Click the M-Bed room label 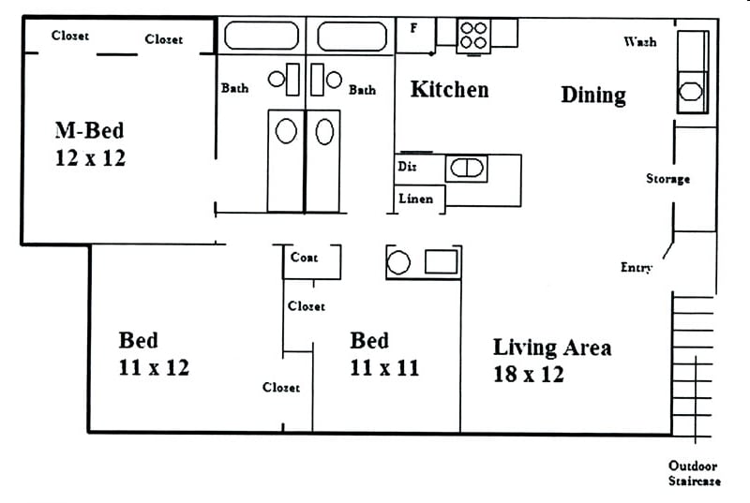(89, 129)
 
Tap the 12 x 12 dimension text (89, 157)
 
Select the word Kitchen (449, 90)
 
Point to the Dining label (592, 95)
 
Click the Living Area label (552, 348)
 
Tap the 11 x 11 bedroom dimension (384, 367)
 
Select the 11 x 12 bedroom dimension (154, 367)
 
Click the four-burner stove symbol (472, 35)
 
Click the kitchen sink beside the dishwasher (466, 169)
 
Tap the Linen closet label (415, 199)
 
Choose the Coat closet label (304, 258)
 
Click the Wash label (639, 42)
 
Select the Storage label (667, 179)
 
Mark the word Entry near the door (636, 268)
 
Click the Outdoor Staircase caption (693, 473)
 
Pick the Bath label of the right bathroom (362, 90)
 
